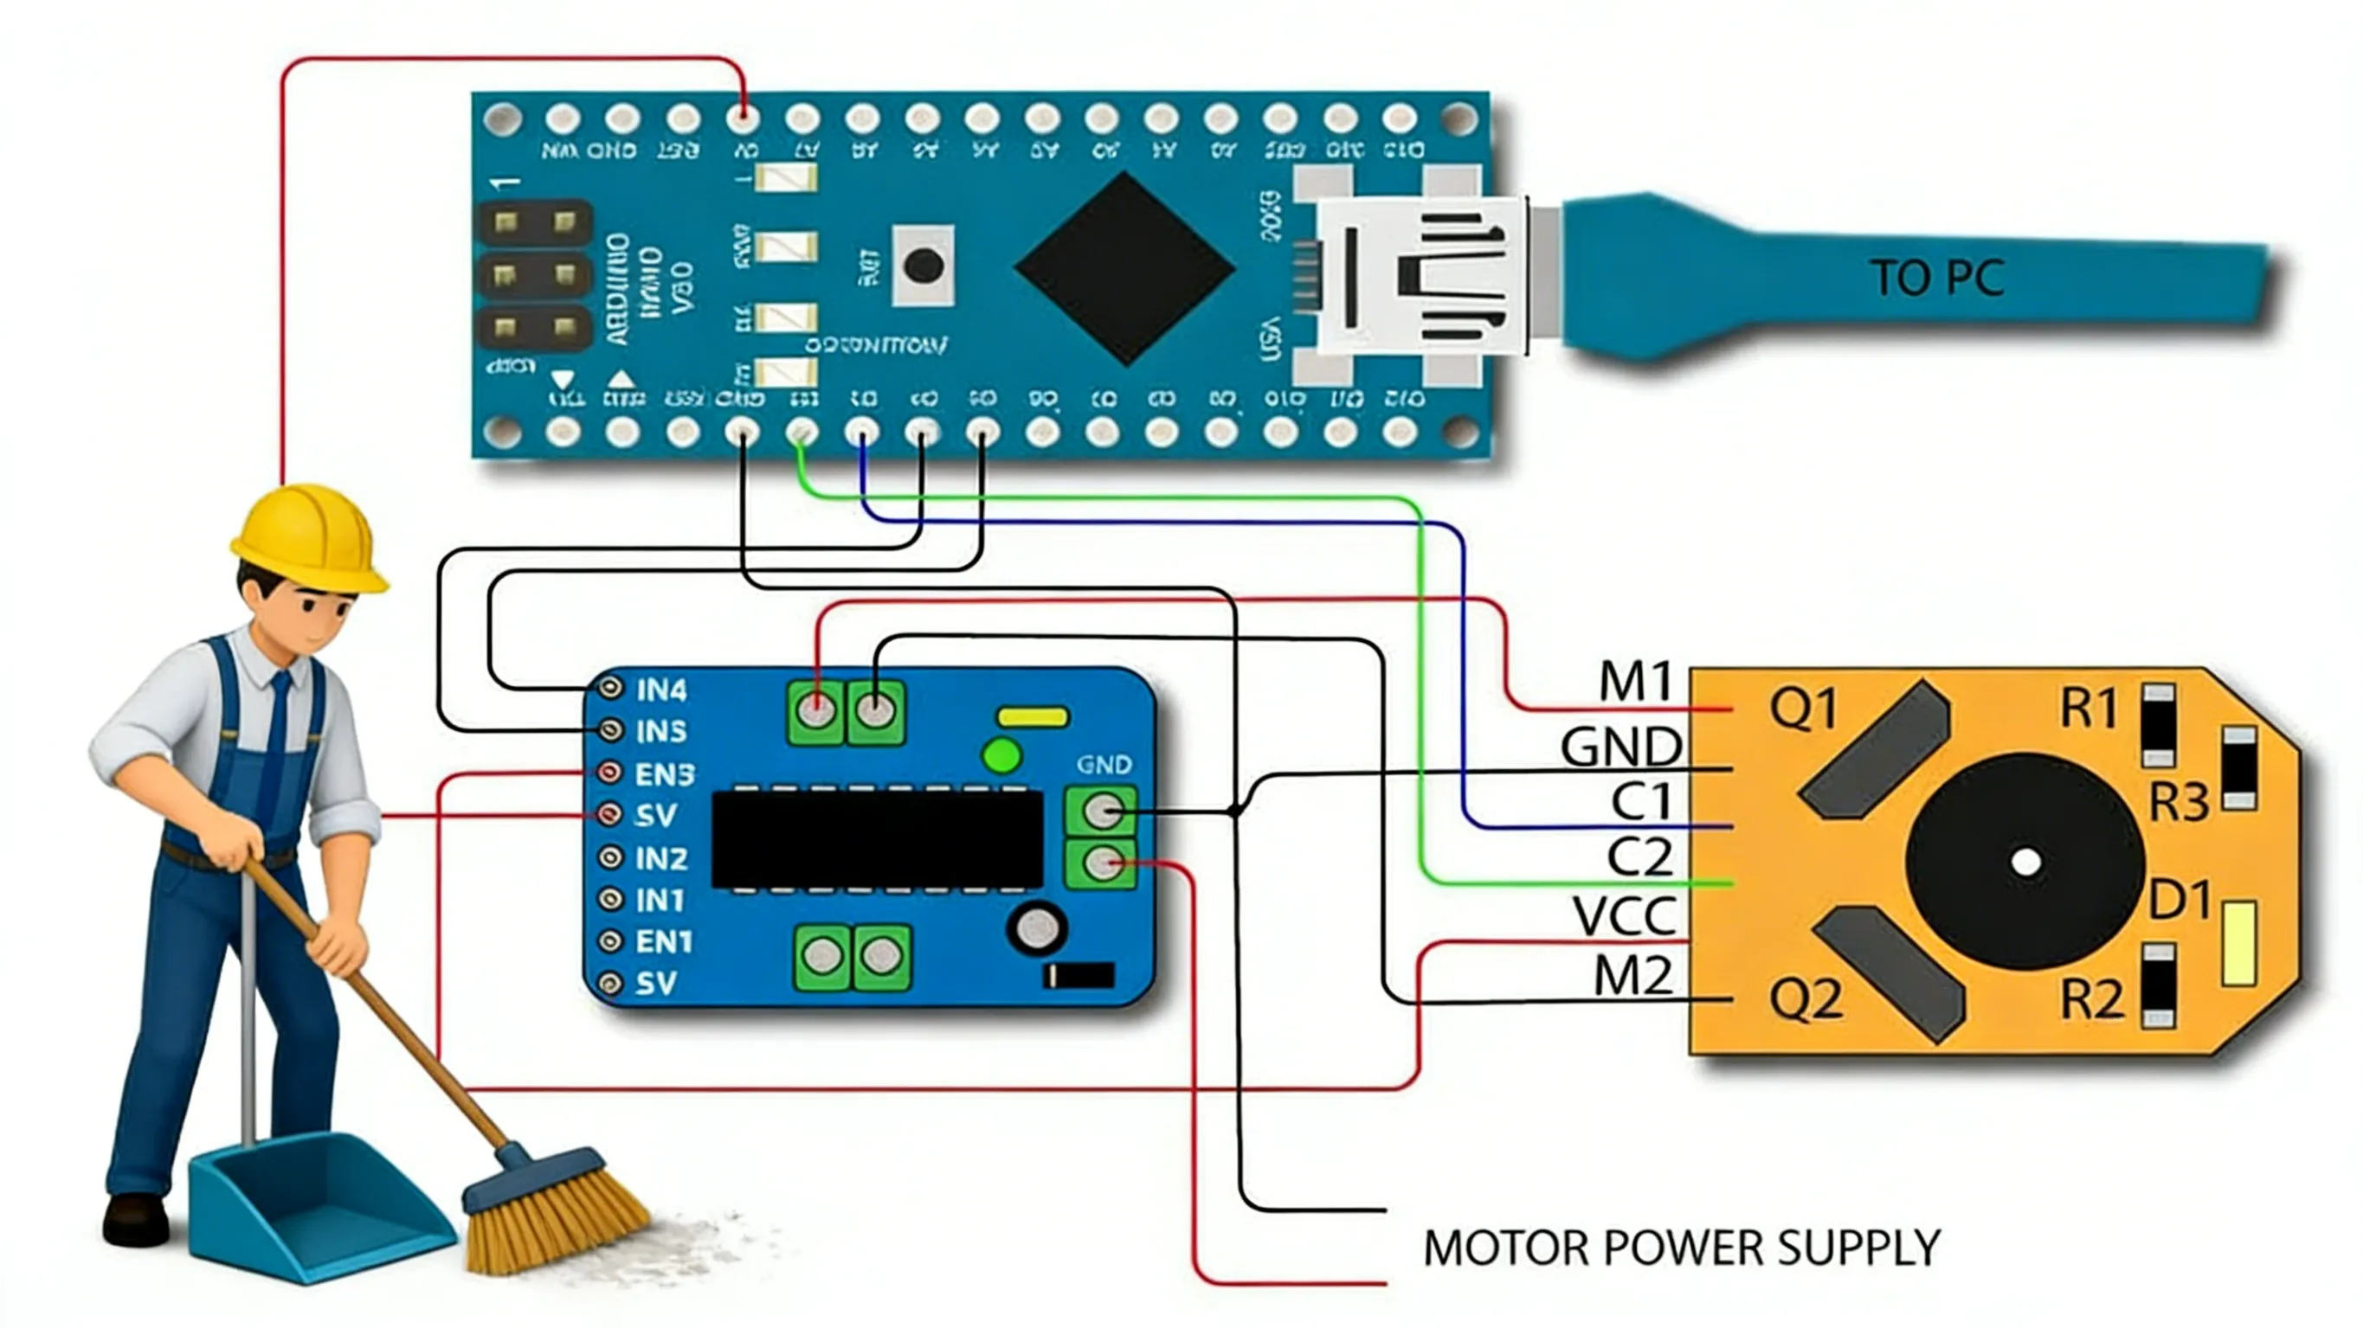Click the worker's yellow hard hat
click(x=307, y=536)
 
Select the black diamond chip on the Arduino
click(x=1124, y=268)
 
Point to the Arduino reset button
click(x=923, y=266)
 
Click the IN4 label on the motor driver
click(x=660, y=689)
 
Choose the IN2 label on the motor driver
click(x=660, y=858)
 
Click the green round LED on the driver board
click(x=1001, y=757)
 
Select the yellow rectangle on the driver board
click(x=1033, y=716)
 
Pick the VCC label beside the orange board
click(x=1625, y=915)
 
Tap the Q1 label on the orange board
click(x=1804, y=708)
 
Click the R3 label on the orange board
click(x=2179, y=804)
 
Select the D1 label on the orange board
click(x=2179, y=900)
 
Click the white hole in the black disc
click(x=2025, y=862)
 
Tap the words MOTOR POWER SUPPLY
click(x=1682, y=1248)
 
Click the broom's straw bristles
click(x=559, y=1220)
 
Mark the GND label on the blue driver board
click(x=1104, y=764)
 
